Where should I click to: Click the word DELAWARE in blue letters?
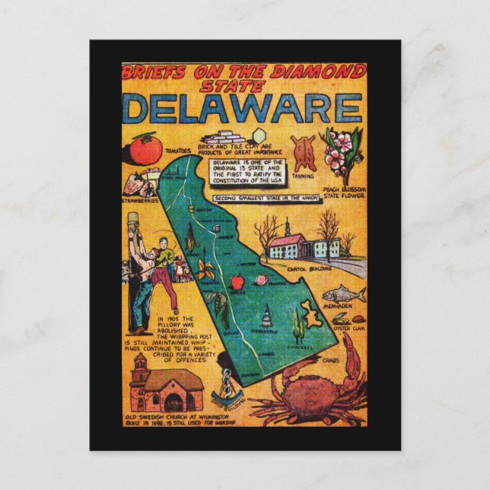point(242,108)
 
